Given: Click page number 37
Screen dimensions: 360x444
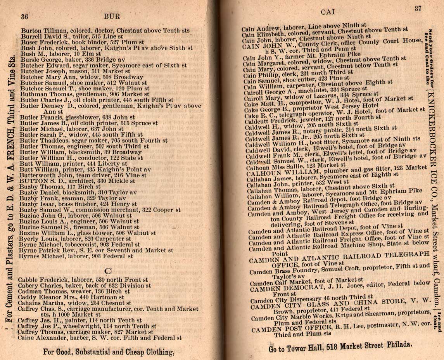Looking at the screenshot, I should pos(418,9).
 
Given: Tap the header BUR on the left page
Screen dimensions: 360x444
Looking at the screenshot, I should pos(112,17).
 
